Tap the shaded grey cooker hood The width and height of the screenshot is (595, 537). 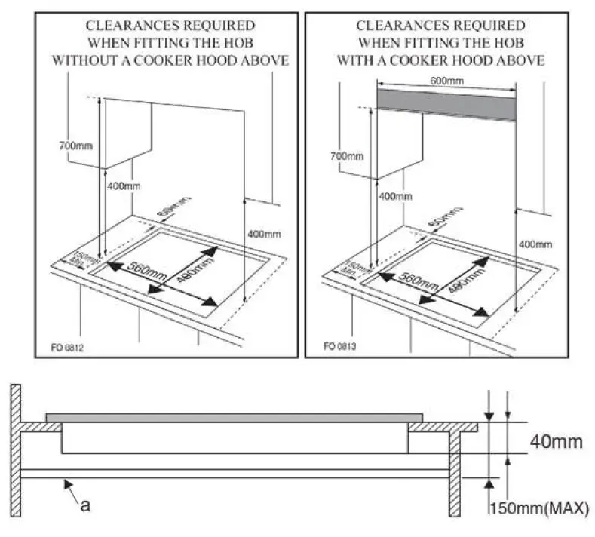[448, 103]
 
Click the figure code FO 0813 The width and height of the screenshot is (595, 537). [340, 348]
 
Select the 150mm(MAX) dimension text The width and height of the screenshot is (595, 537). [538, 508]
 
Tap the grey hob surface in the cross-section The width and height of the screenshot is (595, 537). [234, 417]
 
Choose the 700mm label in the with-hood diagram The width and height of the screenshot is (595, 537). [346, 156]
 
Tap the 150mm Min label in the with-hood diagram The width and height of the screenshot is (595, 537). [353, 267]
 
